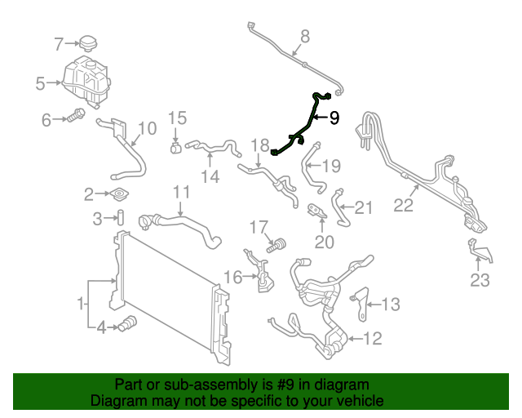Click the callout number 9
point(334,118)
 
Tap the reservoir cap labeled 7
point(88,42)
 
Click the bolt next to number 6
point(77,116)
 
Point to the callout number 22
point(404,206)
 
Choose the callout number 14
point(210,176)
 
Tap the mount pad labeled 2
point(120,194)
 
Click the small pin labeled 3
point(119,218)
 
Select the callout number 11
point(180,193)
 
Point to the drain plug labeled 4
point(126,325)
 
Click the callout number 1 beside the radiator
point(82,305)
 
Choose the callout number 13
point(391,305)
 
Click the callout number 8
point(305,37)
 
